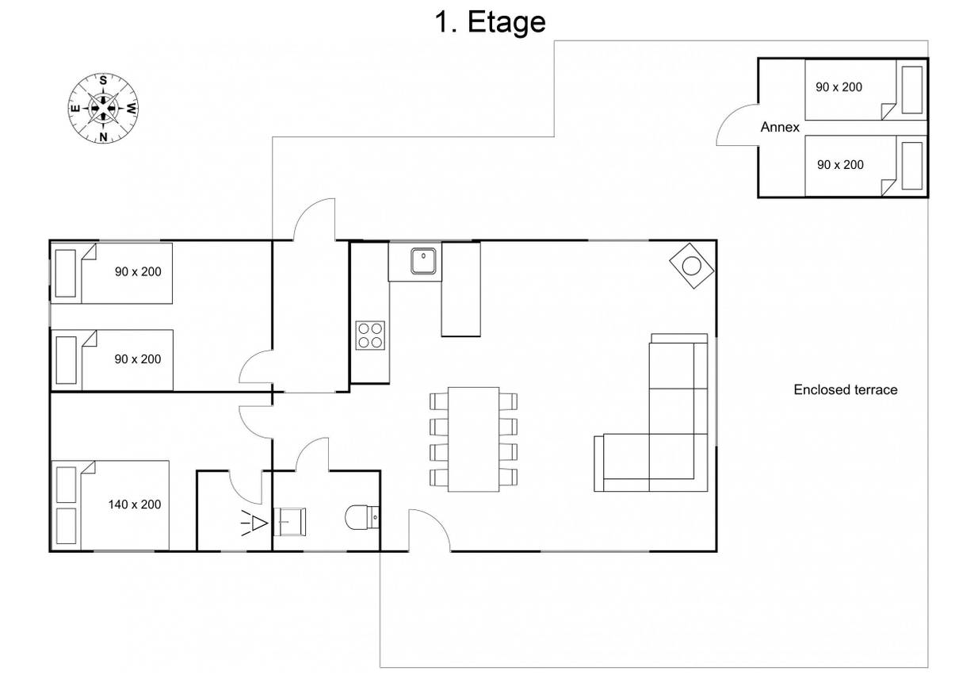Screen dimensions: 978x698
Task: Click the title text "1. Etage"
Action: pyautogui.click(x=490, y=22)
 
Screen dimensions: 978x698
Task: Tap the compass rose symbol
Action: pyautogui.click(x=103, y=108)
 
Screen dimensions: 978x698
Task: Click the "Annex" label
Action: pyautogui.click(x=780, y=127)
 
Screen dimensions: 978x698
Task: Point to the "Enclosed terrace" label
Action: pyautogui.click(x=846, y=389)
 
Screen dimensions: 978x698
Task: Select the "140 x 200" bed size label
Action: pyautogui.click(x=135, y=504)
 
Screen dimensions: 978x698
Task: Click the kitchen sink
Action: pyautogui.click(x=423, y=261)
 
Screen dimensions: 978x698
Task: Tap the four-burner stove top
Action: pyautogui.click(x=370, y=336)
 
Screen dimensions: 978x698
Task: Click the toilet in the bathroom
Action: pyautogui.click(x=362, y=518)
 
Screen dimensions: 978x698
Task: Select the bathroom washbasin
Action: pyautogui.click(x=289, y=521)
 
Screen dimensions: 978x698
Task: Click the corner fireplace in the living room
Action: pyautogui.click(x=692, y=266)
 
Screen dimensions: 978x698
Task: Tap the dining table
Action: pyautogui.click(x=473, y=439)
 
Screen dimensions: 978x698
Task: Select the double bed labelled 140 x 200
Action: pyautogui.click(x=110, y=505)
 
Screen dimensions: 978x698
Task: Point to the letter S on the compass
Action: pyautogui.click(x=103, y=80)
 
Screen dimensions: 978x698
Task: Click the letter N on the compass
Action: pyautogui.click(x=104, y=136)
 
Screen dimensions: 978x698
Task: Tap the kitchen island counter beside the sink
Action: pyautogui.click(x=460, y=290)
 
